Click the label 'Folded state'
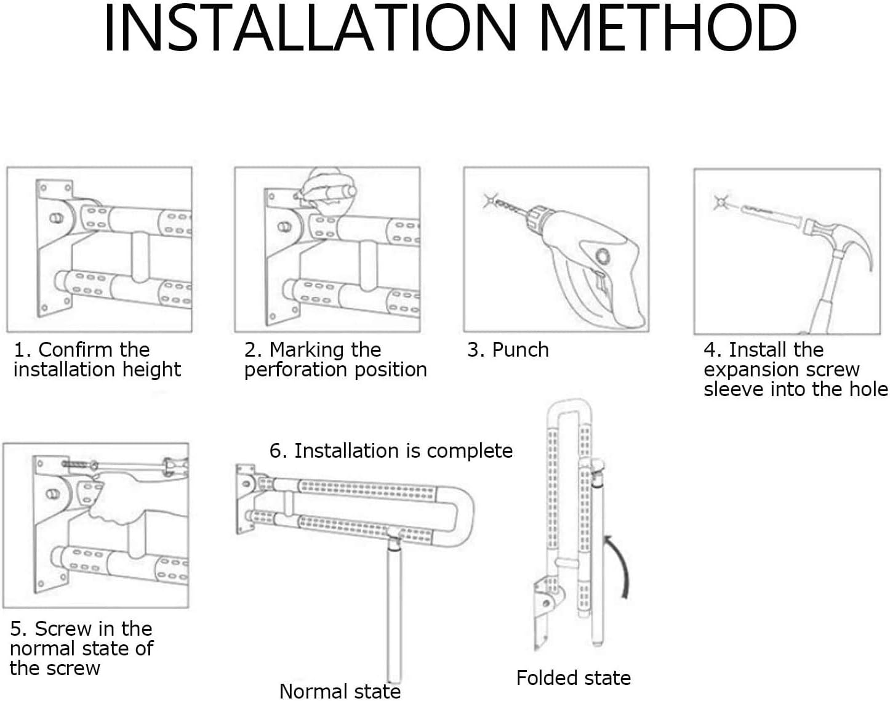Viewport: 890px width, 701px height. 573,678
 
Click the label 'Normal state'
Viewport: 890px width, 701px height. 340,691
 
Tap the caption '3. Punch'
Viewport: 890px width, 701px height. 508,350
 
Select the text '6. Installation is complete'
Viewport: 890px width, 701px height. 391,451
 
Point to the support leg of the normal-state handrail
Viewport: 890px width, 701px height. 395,610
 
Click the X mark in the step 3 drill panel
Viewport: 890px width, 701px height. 490,200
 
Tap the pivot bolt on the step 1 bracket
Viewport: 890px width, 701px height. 56,218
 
